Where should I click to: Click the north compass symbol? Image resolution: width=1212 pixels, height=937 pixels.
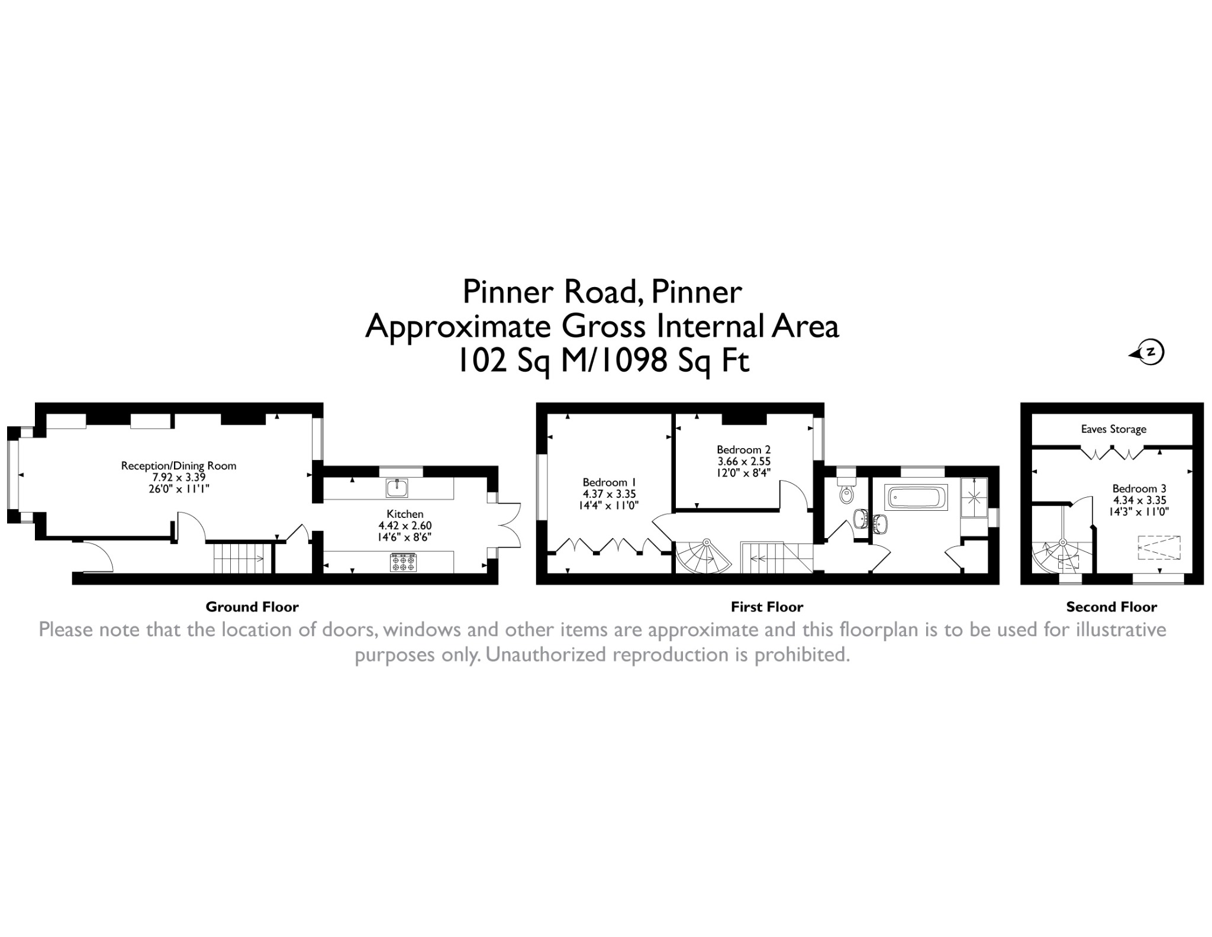tap(1148, 352)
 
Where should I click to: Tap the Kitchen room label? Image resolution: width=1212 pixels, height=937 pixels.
tap(405, 514)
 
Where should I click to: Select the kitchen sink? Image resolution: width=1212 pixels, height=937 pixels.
tap(397, 488)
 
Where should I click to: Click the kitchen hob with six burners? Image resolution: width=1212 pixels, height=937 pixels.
tap(403, 562)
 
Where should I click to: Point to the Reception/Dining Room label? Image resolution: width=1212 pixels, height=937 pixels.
tap(179, 466)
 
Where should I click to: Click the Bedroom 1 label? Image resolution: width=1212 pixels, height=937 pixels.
tap(609, 482)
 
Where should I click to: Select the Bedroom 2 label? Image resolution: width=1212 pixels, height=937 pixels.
tap(743, 450)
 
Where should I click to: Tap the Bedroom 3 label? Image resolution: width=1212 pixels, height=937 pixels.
tap(1139, 489)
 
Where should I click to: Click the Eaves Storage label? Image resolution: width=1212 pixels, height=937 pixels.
tap(1113, 429)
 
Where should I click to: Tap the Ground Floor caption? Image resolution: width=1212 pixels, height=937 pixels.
tap(252, 607)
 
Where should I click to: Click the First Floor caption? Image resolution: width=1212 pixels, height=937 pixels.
tap(767, 607)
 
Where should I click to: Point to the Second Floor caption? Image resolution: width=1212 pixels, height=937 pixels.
tap(1111, 607)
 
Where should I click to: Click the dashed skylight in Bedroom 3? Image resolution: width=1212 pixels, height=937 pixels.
tap(1159, 548)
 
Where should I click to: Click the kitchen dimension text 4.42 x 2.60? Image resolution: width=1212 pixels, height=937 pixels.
tap(405, 526)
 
